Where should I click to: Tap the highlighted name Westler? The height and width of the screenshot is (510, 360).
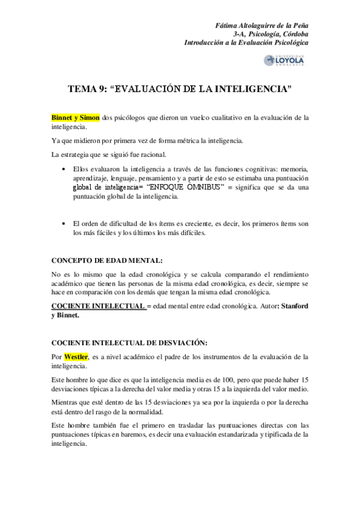click(x=76, y=357)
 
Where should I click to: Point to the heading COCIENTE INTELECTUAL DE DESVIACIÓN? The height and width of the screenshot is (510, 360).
click(x=130, y=343)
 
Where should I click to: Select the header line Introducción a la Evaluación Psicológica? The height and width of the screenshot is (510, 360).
click(x=246, y=44)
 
